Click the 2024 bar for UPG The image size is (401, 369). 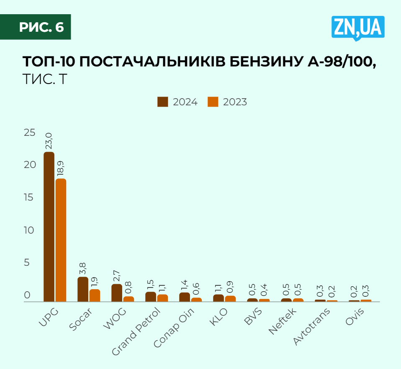(x=49, y=226)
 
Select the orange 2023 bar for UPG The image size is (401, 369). (x=61, y=239)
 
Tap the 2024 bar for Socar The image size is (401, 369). (x=83, y=289)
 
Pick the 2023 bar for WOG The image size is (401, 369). (x=129, y=299)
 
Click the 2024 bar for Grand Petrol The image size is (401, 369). (x=151, y=296)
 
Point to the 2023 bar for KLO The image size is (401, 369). (x=230, y=298)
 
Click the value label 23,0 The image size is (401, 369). (x=49, y=141)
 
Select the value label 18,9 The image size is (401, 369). (x=61, y=168)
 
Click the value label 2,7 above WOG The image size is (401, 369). (x=116, y=275)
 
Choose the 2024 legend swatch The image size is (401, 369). (x=163, y=102)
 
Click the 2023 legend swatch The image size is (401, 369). (x=213, y=102)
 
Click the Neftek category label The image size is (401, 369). (x=283, y=321)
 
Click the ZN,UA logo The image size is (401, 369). (x=358, y=28)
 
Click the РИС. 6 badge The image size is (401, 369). (x=41, y=27)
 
